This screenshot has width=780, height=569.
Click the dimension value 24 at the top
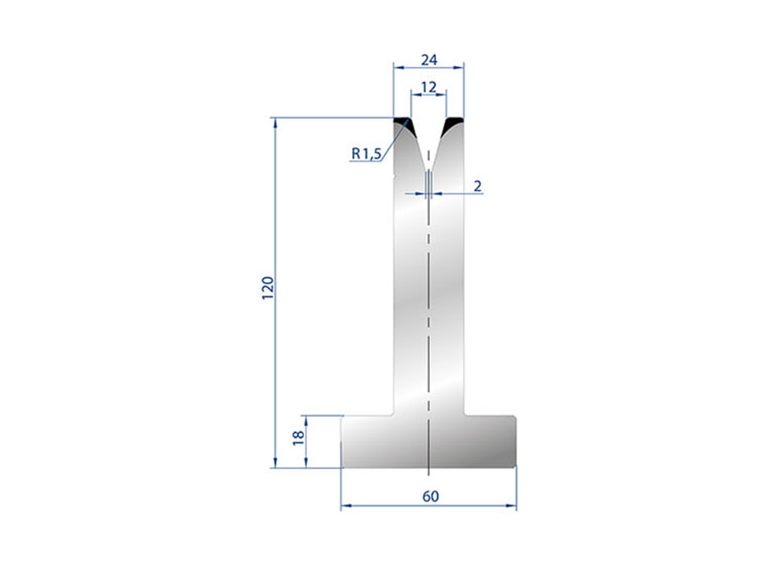pos(429,60)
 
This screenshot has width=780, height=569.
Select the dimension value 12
pos(428,87)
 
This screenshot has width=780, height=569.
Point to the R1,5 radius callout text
pos(366,154)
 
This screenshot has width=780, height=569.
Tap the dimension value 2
pos(477,186)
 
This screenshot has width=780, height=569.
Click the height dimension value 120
pos(267,287)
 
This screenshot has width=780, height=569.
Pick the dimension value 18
pos(298,437)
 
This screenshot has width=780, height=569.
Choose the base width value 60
pos(431,496)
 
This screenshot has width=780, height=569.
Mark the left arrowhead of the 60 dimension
pos(346,506)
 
